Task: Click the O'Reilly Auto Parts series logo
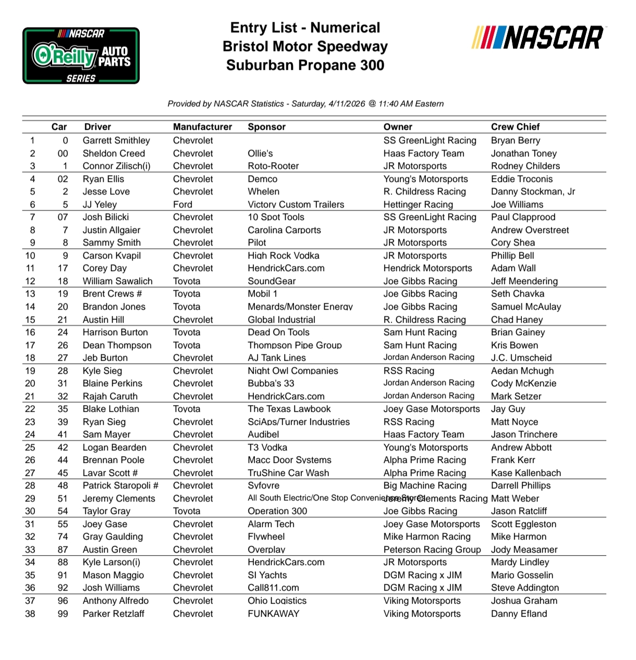coord(81,56)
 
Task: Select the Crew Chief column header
coord(515,127)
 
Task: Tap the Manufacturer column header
coord(202,127)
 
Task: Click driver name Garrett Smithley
coord(116,140)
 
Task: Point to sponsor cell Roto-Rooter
coord(273,166)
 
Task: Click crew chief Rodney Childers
coord(525,166)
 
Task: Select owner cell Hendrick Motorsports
coord(427,268)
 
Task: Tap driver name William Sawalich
coord(117,281)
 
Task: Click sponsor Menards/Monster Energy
coord(300,307)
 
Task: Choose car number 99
coord(63,614)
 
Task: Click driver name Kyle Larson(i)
coord(111,562)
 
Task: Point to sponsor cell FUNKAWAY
coord(273,614)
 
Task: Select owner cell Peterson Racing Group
coord(432,549)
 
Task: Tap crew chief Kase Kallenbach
coord(526,473)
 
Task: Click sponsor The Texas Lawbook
coord(289,409)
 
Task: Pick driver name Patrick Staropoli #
coord(120,485)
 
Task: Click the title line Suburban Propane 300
coord(305,65)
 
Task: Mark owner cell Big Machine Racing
coord(425,485)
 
